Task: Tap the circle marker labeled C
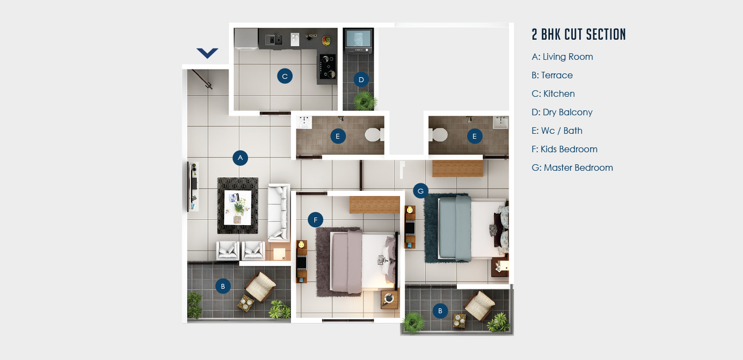point(284,76)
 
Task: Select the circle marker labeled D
point(361,79)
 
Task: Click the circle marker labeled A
point(240,158)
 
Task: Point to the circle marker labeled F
point(315,220)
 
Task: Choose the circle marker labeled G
point(420,191)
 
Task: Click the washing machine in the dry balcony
point(358,40)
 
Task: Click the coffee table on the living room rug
point(238,208)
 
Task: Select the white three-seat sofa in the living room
point(279,212)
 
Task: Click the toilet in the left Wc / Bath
point(374,134)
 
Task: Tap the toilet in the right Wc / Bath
point(438,134)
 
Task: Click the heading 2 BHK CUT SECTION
point(579,34)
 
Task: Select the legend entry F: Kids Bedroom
point(565,149)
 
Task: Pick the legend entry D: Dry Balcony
point(562,113)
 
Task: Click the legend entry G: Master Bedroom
point(572,167)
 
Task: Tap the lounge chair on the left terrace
point(261,287)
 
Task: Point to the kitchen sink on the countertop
point(274,40)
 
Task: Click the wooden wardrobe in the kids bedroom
point(374,204)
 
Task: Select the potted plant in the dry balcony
point(365,101)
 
